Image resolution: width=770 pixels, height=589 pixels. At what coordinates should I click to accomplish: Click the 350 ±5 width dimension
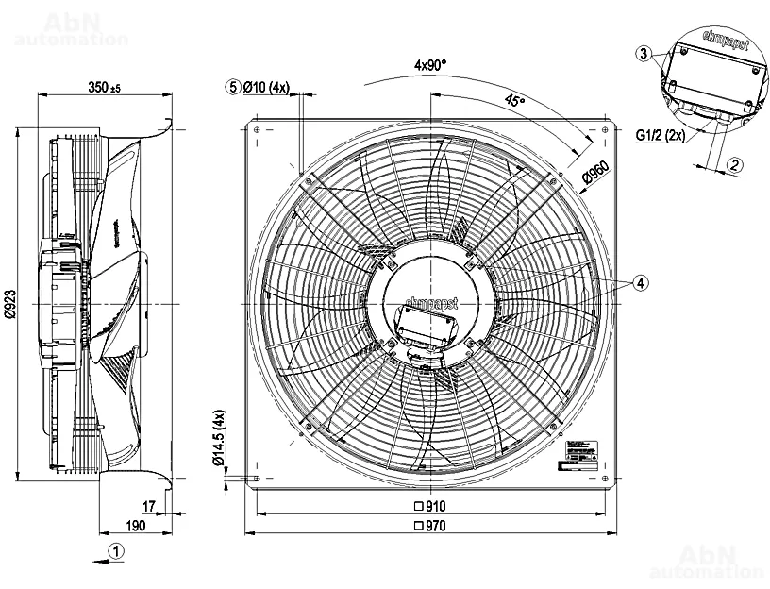[104, 87]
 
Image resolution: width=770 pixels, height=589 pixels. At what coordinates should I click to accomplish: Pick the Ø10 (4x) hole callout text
[266, 87]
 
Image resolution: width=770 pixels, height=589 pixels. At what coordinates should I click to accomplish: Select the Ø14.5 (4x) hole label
[219, 439]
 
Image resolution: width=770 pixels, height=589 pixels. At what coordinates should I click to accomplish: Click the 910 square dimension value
[429, 506]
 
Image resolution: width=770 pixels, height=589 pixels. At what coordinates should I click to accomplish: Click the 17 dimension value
[149, 506]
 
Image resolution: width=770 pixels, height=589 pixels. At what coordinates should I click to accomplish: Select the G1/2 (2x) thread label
[660, 135]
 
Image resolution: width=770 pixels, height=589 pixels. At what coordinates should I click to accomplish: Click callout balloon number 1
[114, 549]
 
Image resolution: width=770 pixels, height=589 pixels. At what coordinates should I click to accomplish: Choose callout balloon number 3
[642, 54]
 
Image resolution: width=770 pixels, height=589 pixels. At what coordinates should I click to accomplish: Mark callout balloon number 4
[641, 282]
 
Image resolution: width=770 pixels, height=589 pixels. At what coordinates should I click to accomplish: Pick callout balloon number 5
[232, 87]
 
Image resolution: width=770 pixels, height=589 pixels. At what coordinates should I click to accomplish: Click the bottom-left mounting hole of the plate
[258, 477]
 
